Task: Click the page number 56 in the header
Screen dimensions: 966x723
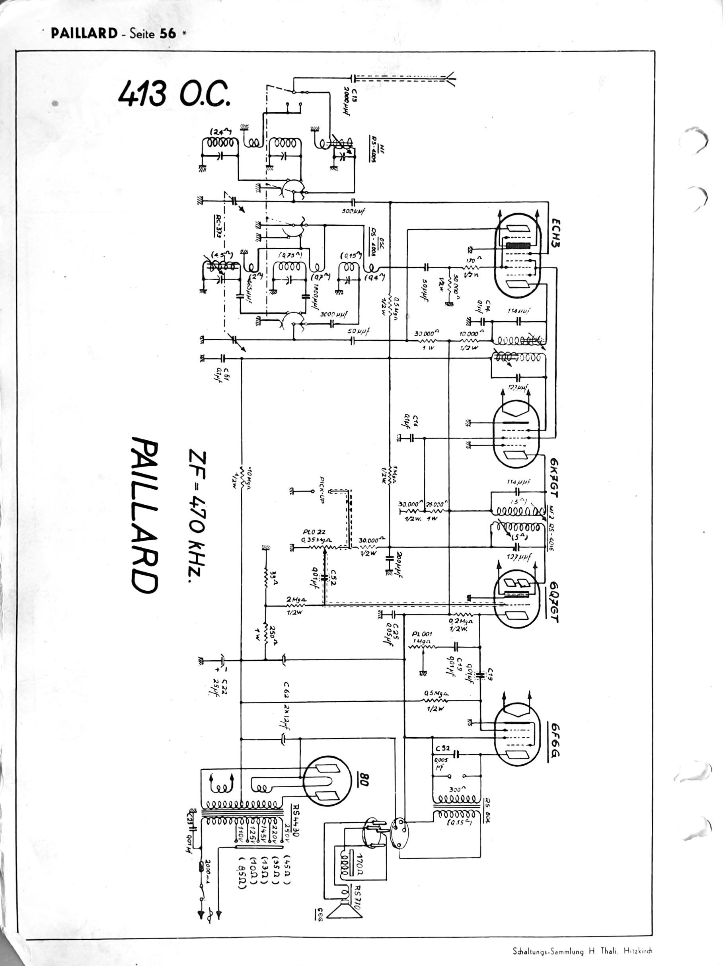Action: pyautogui.click(x=168, y=33)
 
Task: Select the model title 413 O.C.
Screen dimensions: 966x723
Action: pyautogui.click(x=173, y=94)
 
